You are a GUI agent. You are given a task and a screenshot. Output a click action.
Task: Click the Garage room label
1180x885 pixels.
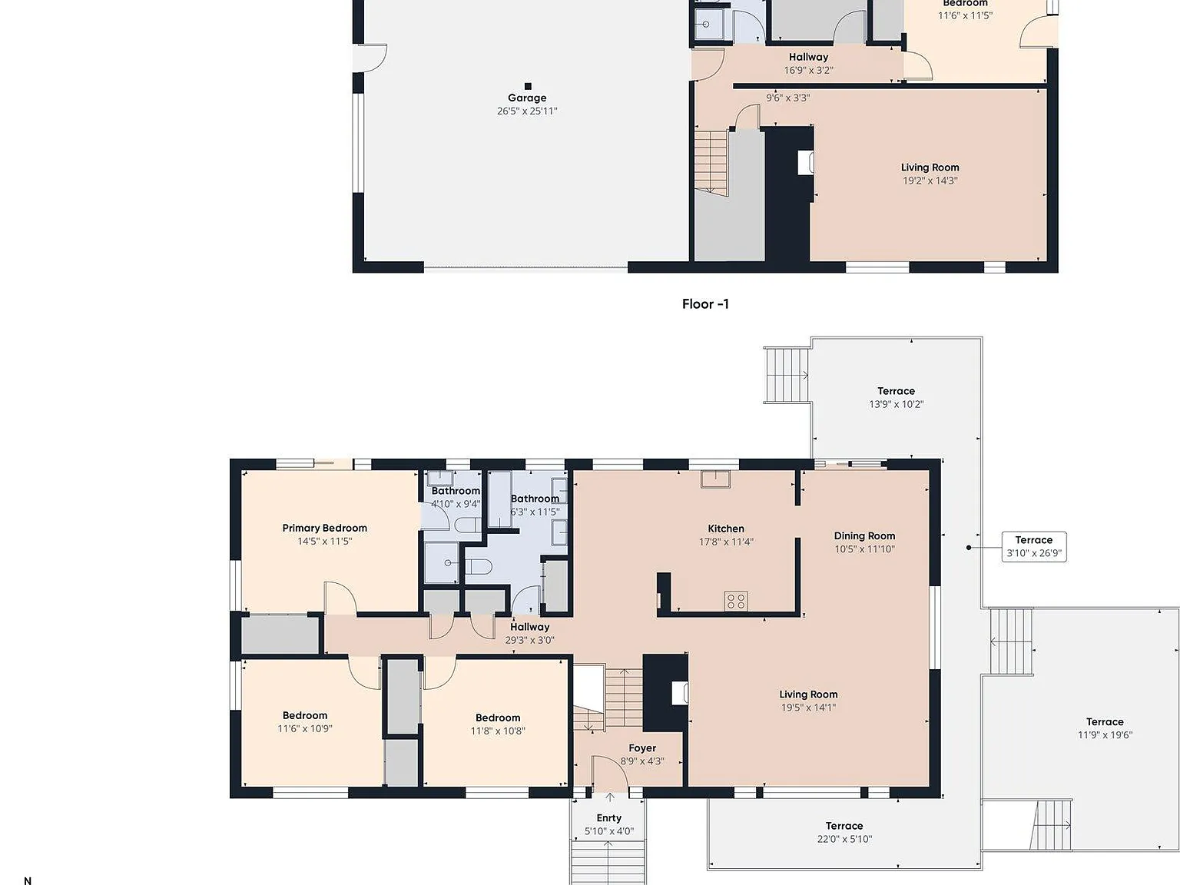click(527, 98)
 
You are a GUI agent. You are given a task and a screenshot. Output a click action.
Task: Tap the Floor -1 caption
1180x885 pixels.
click(705, 304)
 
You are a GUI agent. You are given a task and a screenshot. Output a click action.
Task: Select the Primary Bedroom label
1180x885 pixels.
click(325, 529)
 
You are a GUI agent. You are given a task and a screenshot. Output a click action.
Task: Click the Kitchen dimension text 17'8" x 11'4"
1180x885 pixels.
click(726, 542)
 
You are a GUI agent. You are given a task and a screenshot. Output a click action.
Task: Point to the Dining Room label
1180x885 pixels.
click(864, 535)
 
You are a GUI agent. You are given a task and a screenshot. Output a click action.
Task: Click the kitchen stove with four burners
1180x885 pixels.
click(736, 601)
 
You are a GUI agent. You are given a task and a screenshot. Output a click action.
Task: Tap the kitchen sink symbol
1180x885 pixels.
click(715, 479)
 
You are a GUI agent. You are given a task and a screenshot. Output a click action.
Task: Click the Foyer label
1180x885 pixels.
click(642, 748)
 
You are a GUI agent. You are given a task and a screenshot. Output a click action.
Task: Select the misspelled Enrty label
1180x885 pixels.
click(609, 818)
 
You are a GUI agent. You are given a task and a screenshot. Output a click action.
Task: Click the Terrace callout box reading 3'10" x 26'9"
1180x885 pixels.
click(1034, 546)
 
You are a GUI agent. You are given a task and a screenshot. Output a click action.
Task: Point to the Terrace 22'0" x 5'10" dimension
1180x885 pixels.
click(844, 839)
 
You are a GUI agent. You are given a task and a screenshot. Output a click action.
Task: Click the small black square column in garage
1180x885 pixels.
click(528, 86)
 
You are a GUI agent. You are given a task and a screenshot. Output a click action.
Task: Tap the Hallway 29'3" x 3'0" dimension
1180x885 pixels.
click(529, 640)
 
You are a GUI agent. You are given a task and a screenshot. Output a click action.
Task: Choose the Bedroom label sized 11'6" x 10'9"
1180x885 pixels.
click(305, 716)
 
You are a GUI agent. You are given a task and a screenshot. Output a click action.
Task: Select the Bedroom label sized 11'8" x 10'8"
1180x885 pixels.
click(498, 718)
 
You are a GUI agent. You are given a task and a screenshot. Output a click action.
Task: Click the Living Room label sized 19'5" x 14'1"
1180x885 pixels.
click(808, 694)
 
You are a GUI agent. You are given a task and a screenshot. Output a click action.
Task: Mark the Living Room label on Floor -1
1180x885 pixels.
click(930, 167)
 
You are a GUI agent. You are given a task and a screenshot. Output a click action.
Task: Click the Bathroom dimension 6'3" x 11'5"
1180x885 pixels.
click(535, 512)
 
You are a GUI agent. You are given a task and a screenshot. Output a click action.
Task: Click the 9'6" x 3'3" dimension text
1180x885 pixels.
click(787, 98)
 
